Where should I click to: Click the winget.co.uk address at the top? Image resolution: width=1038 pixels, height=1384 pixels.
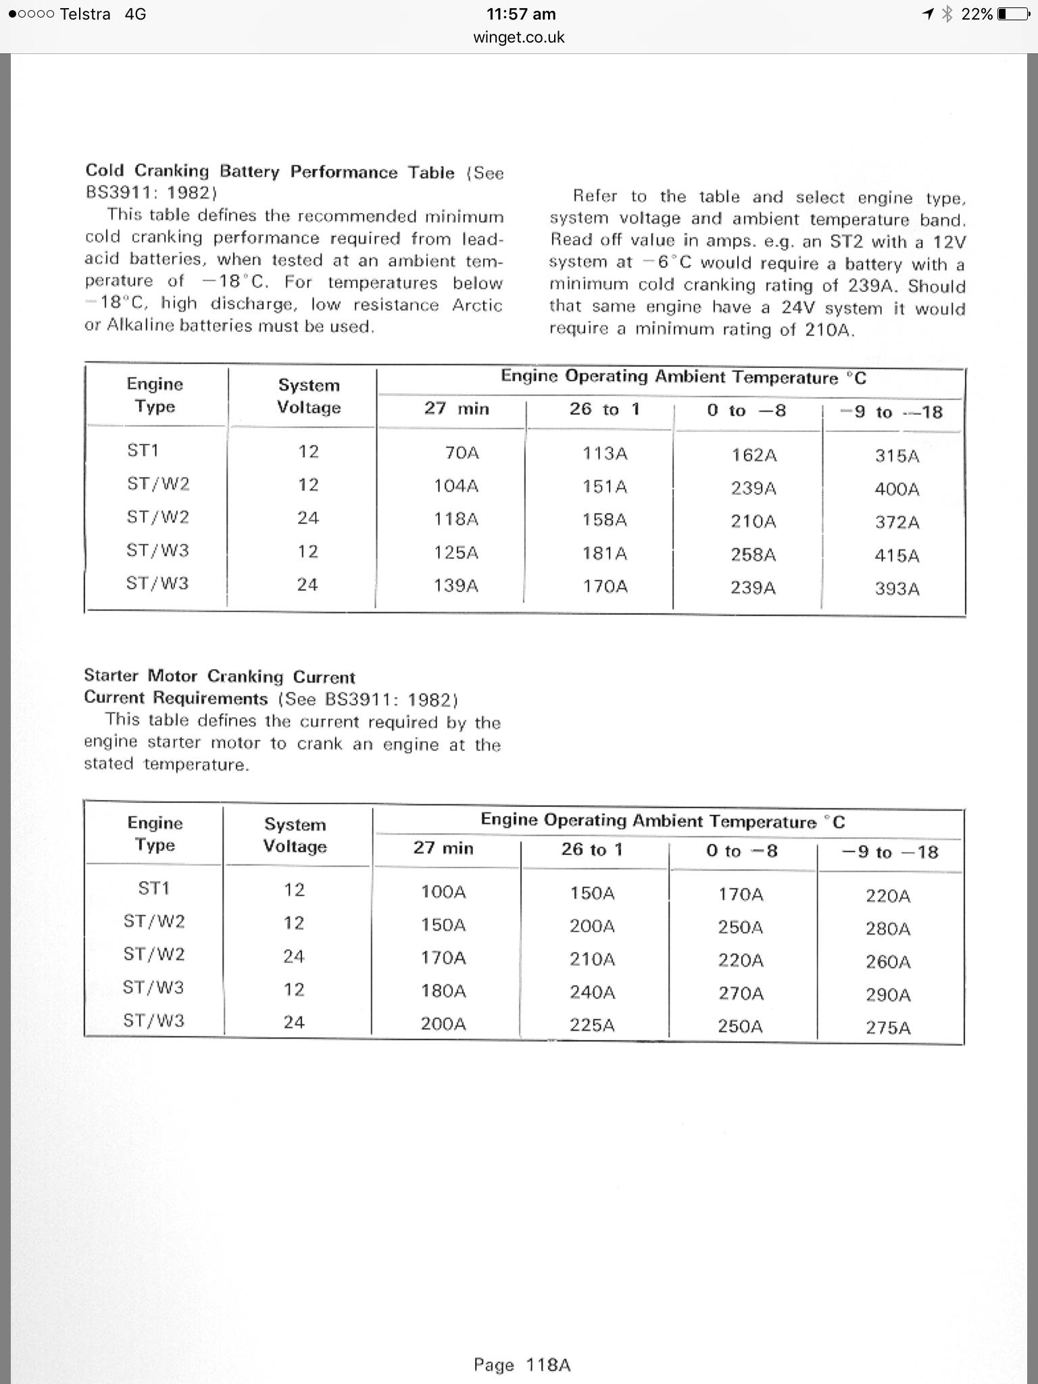[519, 37]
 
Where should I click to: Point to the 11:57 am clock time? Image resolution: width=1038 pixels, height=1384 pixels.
[521, 14]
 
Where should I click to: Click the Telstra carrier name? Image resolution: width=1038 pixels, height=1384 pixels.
[85, 14]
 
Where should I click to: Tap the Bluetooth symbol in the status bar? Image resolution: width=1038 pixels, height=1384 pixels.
[947, 14]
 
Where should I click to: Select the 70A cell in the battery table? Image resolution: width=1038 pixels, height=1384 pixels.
[462, 453]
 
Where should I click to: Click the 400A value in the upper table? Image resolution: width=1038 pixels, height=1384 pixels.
[897, 489]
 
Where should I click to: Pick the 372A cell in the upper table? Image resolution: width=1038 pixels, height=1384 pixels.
[897, 522]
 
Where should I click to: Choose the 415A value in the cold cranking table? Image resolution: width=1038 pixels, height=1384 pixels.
[897, 555]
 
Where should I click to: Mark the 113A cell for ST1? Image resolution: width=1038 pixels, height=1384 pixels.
[605, 453]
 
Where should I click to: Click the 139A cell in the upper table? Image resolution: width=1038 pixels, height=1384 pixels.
[456, 586]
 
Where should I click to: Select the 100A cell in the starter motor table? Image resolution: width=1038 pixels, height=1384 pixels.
[443, 892]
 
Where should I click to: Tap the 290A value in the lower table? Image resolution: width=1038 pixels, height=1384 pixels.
[888, 995]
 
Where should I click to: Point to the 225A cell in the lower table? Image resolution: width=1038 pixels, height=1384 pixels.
[592, 1025]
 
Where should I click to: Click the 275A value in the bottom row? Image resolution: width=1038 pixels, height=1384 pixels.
[888, 1028]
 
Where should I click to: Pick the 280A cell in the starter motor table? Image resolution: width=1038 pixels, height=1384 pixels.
[888, 929]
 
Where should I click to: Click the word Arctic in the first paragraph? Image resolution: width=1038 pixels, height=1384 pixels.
[477, 305]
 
